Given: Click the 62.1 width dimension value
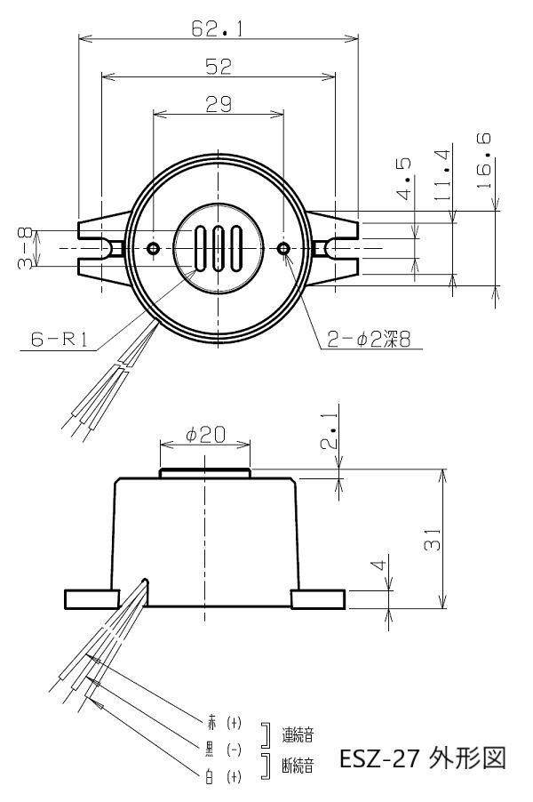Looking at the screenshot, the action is pos(218,28).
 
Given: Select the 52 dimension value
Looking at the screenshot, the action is pos(219,67).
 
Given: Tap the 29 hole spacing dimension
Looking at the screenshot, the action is pos(219,104).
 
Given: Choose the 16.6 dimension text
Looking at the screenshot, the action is pos(483,161).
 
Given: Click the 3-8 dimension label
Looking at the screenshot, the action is pos(25,249).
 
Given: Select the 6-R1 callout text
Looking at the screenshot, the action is pos(60,339).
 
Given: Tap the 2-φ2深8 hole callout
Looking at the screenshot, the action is pos(369,339).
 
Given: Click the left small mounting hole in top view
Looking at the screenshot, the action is pos(153,249).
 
